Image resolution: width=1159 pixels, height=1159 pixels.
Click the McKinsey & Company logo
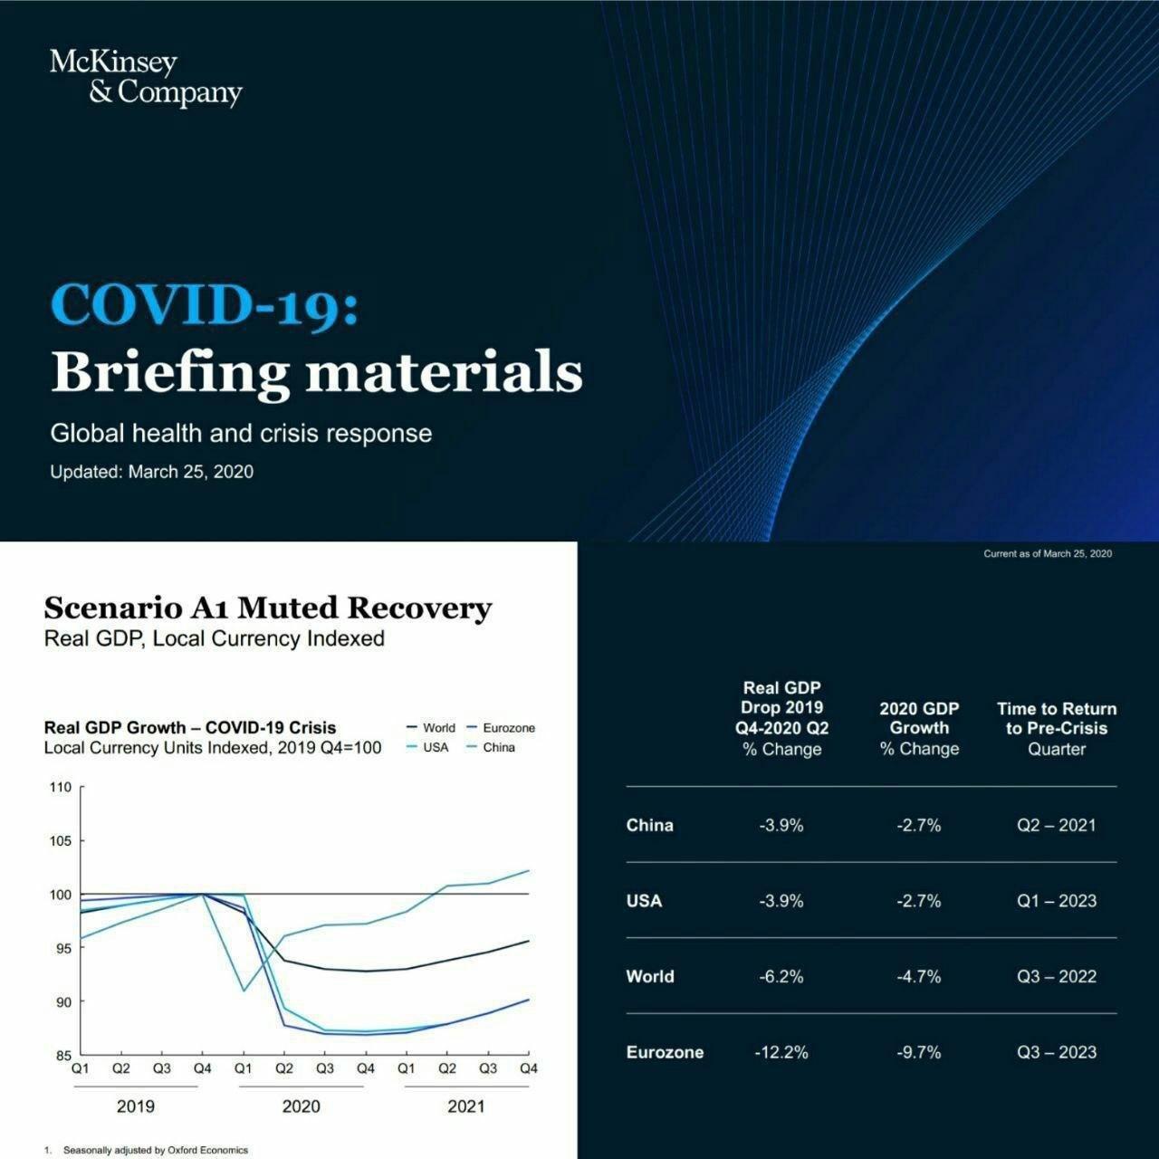pyautogui.click(x=145, y=77)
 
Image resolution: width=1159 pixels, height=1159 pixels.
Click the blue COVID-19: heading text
pyautogui.click(x=205, y=304)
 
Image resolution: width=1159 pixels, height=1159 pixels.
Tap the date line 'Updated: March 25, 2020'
pyautogui.click(x=151, y=472)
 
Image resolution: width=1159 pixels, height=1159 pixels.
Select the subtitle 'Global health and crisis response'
pyautogui.click(x=241, y=433)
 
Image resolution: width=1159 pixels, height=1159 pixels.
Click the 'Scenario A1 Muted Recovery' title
pyautogui.click(x=268, y=608)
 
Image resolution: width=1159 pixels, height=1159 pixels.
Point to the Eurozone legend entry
pyautogui.click(x=502, y=728)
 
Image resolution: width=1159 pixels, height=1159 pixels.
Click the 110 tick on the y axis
pyautogui.click(x=60, y=788)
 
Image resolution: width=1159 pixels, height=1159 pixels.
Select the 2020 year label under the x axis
pyautogui.click(x=301, y=1106)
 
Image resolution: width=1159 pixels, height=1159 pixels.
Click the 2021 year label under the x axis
pyautogui.click(x=465, y=1106)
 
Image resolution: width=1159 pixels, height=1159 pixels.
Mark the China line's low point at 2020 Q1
pyautogui.click(x=244, y=990)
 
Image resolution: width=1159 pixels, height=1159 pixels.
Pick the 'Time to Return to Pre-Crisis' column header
pyautogui.click(x=1057, y=728)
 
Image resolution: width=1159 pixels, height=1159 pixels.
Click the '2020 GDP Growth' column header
pyautogui.click(x=919, y=728)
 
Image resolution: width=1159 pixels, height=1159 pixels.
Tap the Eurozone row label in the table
pyautogui.click(x=665, y=1052)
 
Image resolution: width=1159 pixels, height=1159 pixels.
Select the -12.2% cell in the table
pyautogui.click(x=781, y=1052)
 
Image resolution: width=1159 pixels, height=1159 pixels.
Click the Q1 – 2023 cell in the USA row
pyautogui.click(x=1057, y=901)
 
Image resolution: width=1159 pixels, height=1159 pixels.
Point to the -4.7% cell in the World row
pyautogui.click(x=919, y=976)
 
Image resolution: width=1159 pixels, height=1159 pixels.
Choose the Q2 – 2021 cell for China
pyautogui.click(x=1057, y=825)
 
